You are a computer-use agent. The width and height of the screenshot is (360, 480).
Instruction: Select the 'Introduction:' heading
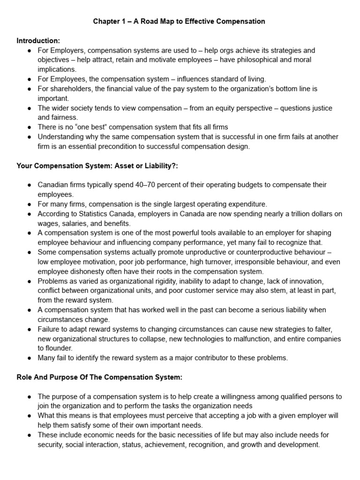point(38,41)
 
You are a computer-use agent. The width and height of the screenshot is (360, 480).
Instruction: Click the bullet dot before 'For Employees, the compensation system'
point(30,79)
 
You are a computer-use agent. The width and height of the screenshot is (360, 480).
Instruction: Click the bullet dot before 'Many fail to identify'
point(30,358)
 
